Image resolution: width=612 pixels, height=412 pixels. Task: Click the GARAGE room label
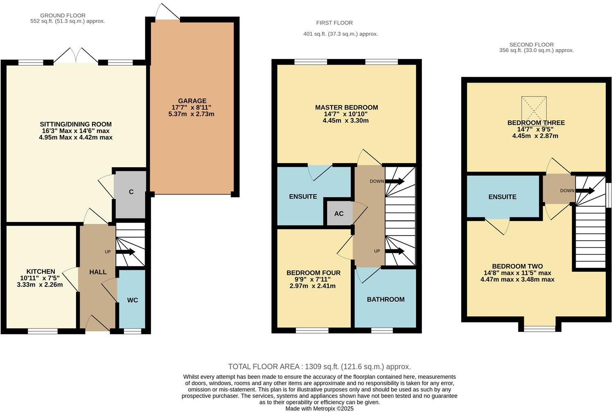192,101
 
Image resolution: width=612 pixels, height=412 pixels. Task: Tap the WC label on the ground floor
132,300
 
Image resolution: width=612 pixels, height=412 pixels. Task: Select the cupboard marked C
131,192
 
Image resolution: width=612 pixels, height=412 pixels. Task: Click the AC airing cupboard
339,213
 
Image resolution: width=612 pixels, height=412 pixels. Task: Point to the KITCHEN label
41,272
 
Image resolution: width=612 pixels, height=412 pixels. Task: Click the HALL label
98,272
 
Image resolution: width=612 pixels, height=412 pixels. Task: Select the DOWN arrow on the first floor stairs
395,181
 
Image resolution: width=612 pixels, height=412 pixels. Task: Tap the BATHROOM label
386,300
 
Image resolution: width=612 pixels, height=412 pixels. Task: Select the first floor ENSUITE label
303,197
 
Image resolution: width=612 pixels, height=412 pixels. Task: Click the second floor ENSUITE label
502,197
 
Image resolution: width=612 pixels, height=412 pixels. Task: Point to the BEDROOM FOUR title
313,273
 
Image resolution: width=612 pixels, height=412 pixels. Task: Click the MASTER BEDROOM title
346,107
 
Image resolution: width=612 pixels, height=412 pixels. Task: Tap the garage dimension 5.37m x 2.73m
191,114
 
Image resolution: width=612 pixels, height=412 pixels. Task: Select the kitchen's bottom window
43,331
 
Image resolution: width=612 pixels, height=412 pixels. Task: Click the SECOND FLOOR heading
531,45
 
